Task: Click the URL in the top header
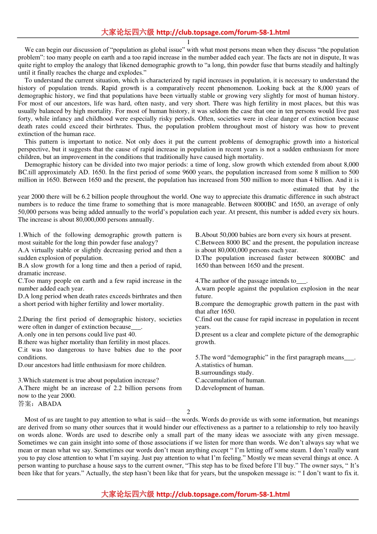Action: point(223,33)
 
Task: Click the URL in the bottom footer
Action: point(223,495)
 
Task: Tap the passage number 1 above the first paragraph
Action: point(188,42)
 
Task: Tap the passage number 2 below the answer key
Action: point(188,412)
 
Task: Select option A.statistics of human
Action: point(224,365)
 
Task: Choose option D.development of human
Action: point(230,388)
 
